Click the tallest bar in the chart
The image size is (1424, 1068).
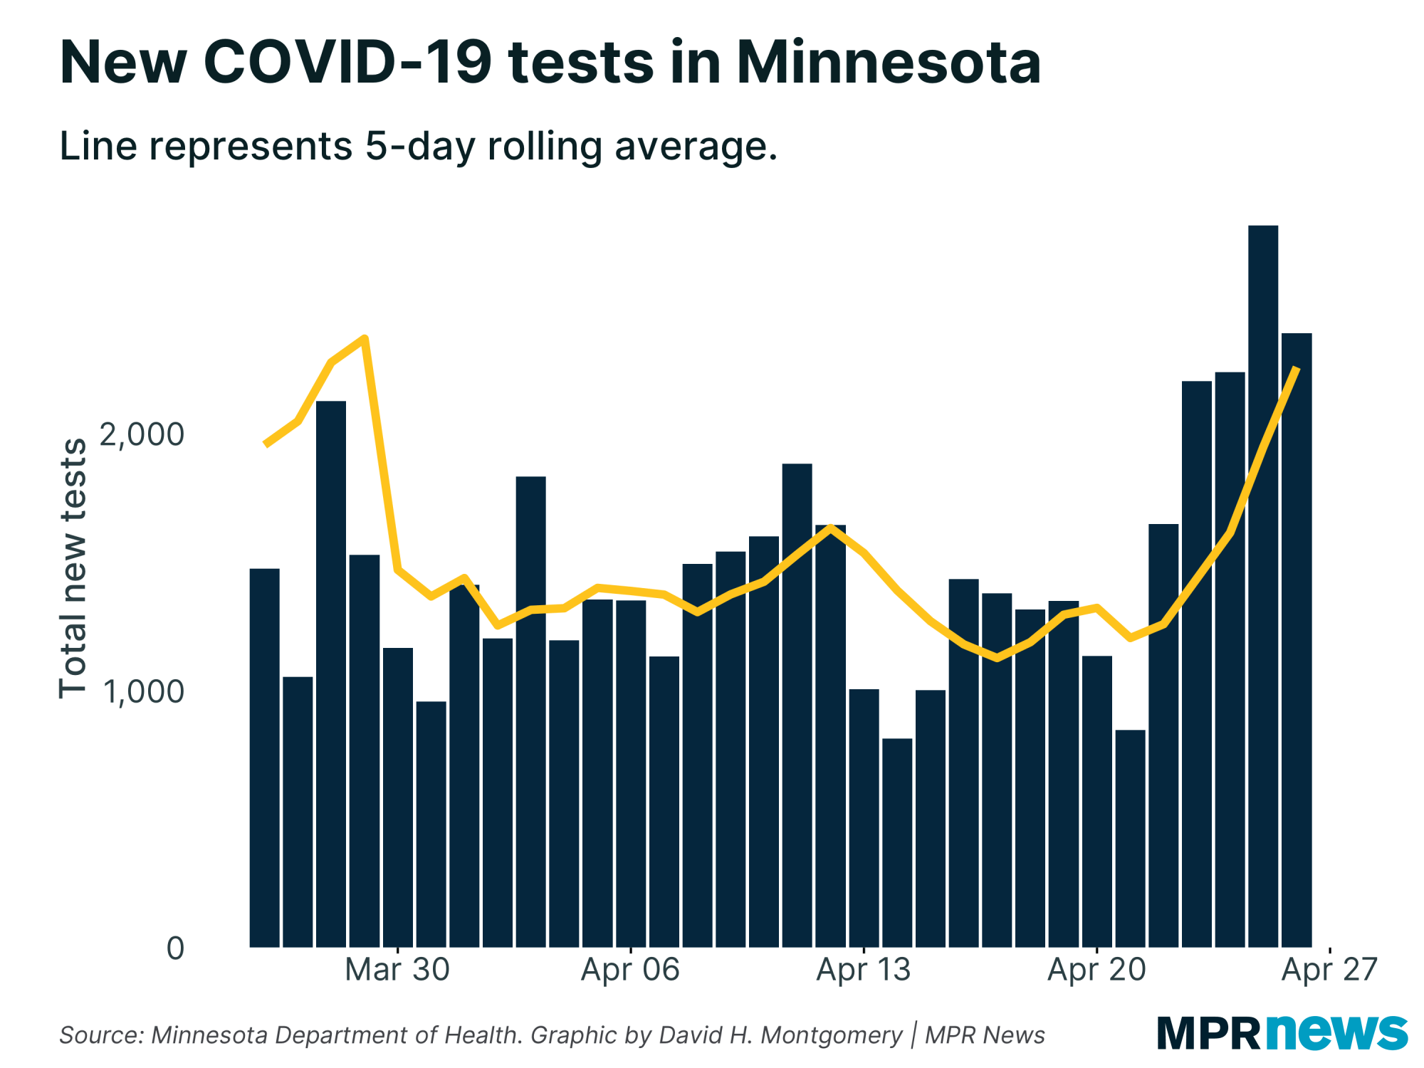coord(1263,584)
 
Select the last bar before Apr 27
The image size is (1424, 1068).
coord(1297,641)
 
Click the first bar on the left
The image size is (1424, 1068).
coord(264,758)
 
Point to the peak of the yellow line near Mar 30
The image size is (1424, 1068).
coord(365,338)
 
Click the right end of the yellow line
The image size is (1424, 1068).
coord(1297,369)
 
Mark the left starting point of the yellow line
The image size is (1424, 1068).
coord(266,444)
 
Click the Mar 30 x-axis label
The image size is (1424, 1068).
coord(397,970)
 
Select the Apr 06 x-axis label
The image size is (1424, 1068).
coord(630,970)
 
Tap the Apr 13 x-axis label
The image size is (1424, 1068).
coord(863,970)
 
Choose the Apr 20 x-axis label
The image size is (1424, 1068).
coord(1096,970)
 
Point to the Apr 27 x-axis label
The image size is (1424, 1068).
coord(1329,970)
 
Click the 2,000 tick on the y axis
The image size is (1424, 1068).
coord(142,434)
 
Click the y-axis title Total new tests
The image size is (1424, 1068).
coord(73,568)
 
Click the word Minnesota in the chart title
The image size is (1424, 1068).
coord(889,63)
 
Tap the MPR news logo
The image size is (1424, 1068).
coord(1282,1033)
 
